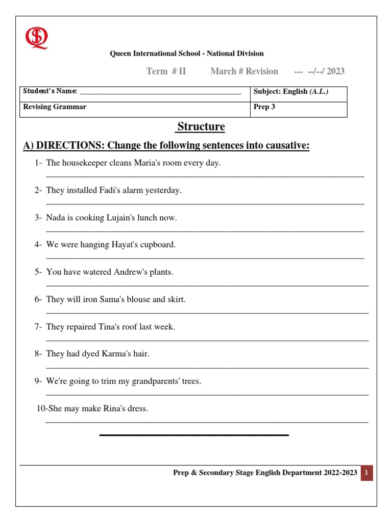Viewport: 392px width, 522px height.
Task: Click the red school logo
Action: [x=37, y=38]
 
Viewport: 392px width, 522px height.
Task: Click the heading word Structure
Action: [x=201, y=127]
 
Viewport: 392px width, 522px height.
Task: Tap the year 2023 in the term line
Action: [x=335, y=71]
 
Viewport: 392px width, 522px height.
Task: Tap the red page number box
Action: [x=366, y=473]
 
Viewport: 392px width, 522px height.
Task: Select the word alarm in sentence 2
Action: [x=130, y=190]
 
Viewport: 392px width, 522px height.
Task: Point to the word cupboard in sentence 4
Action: [x=158, y=245]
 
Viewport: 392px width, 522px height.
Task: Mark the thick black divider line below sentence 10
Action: [x=194, y=435]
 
